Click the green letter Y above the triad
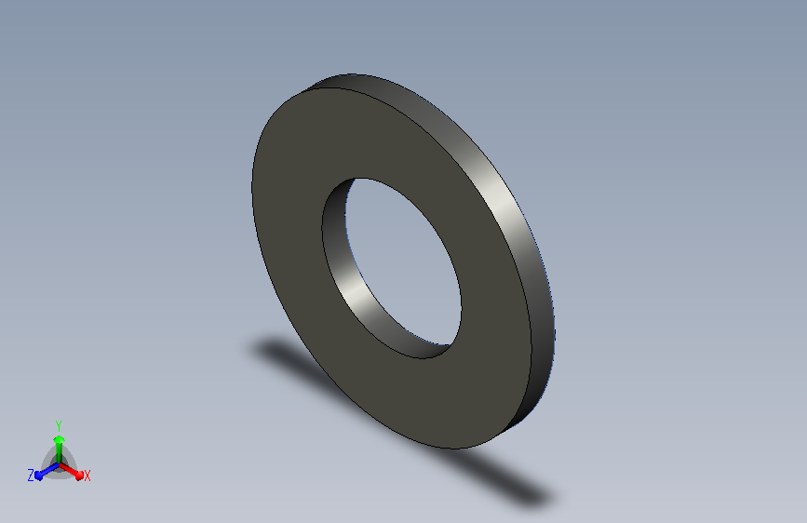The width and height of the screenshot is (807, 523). point(59,426)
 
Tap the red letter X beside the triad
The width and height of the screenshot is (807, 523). point(87,476)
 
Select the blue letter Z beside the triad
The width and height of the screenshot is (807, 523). point(31,476)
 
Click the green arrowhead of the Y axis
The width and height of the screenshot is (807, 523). point(59,439)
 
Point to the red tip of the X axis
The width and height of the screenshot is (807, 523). point(79,475)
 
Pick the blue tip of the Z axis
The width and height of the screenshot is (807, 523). point(39,476)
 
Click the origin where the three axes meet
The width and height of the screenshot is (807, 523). point(59,465)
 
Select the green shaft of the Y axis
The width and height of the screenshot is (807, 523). point(59,453)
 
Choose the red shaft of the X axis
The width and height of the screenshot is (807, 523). point(69,469)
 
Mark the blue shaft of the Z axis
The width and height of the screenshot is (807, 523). point(49,470)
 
